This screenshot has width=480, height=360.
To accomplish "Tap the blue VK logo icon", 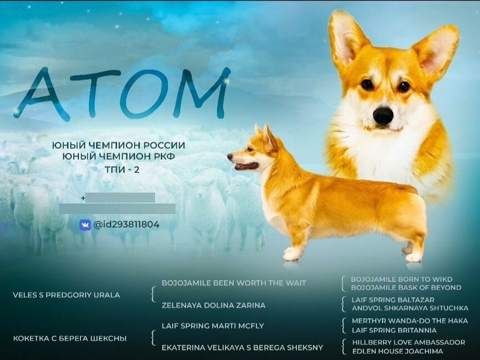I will (x=85, y=224).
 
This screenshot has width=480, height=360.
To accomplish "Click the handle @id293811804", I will (x=126, y=224).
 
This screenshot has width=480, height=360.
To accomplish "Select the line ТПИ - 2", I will (x=118, y=168).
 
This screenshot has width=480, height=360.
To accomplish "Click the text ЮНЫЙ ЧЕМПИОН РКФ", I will (x=118, y=157).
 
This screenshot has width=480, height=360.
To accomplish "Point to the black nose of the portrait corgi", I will (x=383, y=115).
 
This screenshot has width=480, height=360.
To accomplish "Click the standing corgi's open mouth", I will (x=245, y=166).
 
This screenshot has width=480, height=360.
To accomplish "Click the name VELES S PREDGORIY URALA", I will (x=66, y=295).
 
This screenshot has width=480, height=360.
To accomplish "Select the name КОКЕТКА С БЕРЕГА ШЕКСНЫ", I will (x=69, y=338).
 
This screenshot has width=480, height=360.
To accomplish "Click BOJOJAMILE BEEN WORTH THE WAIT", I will (x=234, y=283).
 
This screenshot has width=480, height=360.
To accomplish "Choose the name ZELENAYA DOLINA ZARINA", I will (x=213, y=305).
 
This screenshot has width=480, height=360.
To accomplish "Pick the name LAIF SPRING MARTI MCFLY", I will (x=213, y=326).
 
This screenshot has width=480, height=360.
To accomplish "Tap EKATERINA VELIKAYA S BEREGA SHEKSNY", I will (x=242, y=348).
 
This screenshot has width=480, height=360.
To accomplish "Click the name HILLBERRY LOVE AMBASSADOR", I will (x=408, y=342).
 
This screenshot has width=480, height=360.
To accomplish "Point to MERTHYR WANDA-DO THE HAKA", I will (x=409, y=321).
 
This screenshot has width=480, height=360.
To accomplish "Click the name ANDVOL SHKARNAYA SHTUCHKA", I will (x=410, y=308).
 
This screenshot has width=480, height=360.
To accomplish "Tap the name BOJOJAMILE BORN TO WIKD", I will (x=402, y=279).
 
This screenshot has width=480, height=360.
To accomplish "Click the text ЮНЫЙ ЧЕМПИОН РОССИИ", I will (x=118, y=145).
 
